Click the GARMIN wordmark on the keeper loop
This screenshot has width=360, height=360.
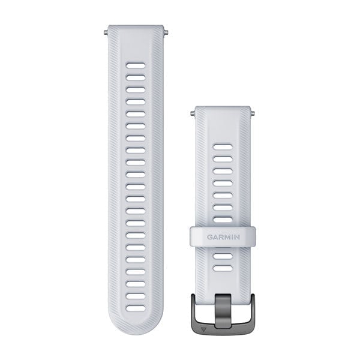point(223,236)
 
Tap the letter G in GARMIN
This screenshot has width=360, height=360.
point(210,236)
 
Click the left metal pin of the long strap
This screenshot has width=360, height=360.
point(106,28)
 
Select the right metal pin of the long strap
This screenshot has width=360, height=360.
point(166,28)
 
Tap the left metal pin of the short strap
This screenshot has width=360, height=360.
point(193,112)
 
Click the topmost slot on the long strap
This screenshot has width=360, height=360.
point(136,64)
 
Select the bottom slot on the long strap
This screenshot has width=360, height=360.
point(136,308)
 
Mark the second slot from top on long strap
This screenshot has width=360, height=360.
point(136,77)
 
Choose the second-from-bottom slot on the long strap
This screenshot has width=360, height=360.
point(136,296)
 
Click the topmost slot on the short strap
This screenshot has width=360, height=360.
point(223,146)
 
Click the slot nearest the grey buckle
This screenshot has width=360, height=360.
point(223,268)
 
